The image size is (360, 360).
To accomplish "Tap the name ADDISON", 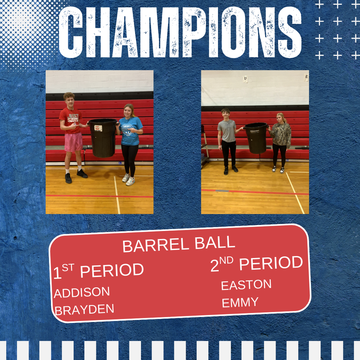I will pos(82,292).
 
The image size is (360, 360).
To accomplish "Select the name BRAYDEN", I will pos(84,310).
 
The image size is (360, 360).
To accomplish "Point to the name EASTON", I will pos(246,285).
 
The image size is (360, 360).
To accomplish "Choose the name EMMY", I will pos(240,302).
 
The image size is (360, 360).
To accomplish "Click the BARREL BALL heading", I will pos(179,244).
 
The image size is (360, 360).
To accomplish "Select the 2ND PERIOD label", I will pos(257,264).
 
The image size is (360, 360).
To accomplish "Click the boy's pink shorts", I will pos(73,141).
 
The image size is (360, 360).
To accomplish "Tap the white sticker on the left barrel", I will pos(98,128).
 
